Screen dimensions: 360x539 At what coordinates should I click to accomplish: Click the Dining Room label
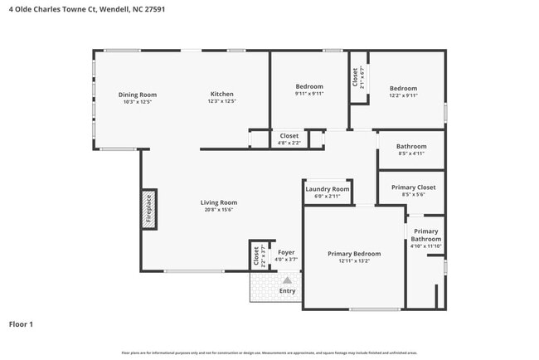pos(137,95)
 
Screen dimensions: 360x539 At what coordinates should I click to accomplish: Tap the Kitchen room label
pos(221,95)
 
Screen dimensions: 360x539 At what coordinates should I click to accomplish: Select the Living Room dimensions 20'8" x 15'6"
pos(219,210)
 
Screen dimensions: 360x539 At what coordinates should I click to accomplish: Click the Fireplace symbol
pos(148,211)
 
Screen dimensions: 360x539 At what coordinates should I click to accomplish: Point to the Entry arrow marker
pos(287,281)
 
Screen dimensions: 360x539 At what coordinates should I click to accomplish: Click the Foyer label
pos(286,252)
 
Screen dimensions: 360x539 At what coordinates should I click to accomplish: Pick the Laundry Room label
pos(328,189)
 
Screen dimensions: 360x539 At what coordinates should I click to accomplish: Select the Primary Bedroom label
pos(354,254)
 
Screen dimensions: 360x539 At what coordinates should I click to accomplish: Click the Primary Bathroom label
pos(425,235)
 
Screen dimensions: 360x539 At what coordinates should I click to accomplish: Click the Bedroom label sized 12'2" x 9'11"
pos(403,88)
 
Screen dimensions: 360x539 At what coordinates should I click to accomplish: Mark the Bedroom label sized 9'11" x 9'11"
pos(309,86)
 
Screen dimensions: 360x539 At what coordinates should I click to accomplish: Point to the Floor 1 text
pos(21,324)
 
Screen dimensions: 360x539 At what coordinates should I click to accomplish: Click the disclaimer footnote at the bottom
pos(269,353)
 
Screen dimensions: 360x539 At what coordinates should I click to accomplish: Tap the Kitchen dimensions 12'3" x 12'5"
pos(221,102)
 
